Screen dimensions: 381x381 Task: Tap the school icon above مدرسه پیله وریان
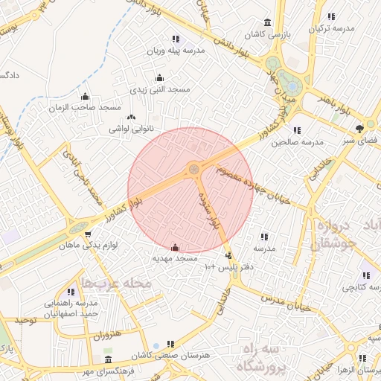(x=176, y=39)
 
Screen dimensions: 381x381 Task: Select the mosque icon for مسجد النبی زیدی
(x=159, y=78)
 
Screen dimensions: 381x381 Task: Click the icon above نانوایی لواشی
(x=132, y=117)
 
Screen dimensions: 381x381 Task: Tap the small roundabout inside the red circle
(x=194, y=170)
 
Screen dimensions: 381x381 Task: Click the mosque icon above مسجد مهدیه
(x=175, y=247)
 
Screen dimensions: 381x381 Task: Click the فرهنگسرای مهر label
(x=109, y=370)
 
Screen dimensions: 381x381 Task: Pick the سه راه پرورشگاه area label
(x=266, y=358)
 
